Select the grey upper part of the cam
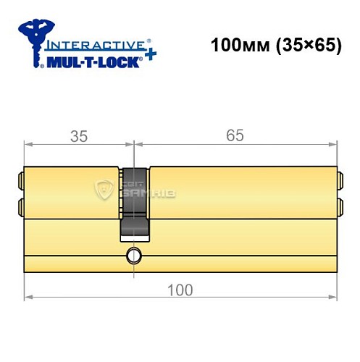[x=134, y=191]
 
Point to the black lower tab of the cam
[x=134, y=230]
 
